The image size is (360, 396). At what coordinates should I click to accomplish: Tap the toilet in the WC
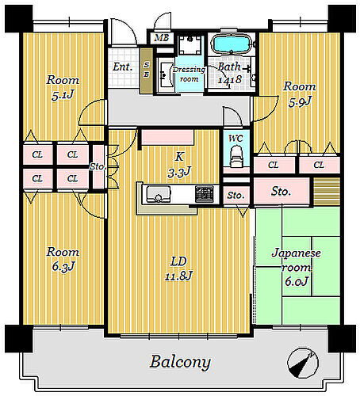236,157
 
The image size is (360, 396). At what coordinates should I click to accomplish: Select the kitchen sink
158,194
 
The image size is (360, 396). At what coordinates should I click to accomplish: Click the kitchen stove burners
205,194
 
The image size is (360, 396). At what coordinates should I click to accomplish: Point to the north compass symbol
302,363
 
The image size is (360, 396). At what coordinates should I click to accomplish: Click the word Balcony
180,362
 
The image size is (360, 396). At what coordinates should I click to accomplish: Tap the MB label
162,38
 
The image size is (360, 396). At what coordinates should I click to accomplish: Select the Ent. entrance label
122,67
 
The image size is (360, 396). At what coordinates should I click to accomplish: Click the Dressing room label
189,74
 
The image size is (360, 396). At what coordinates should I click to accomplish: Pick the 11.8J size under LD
178,276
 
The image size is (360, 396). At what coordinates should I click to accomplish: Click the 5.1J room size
63,95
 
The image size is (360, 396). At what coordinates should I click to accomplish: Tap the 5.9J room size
300,101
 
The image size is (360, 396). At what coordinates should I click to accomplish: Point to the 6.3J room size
63,266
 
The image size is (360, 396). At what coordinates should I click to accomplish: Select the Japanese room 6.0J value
297,281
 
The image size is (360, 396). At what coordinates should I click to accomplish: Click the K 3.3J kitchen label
179,164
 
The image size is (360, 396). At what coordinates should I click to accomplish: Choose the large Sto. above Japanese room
281,192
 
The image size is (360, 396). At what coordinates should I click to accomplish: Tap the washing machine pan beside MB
190,45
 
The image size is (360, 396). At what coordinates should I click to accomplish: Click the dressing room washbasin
165,75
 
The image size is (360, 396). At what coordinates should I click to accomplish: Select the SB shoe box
147,70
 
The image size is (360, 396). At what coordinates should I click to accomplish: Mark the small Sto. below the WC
236,196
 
